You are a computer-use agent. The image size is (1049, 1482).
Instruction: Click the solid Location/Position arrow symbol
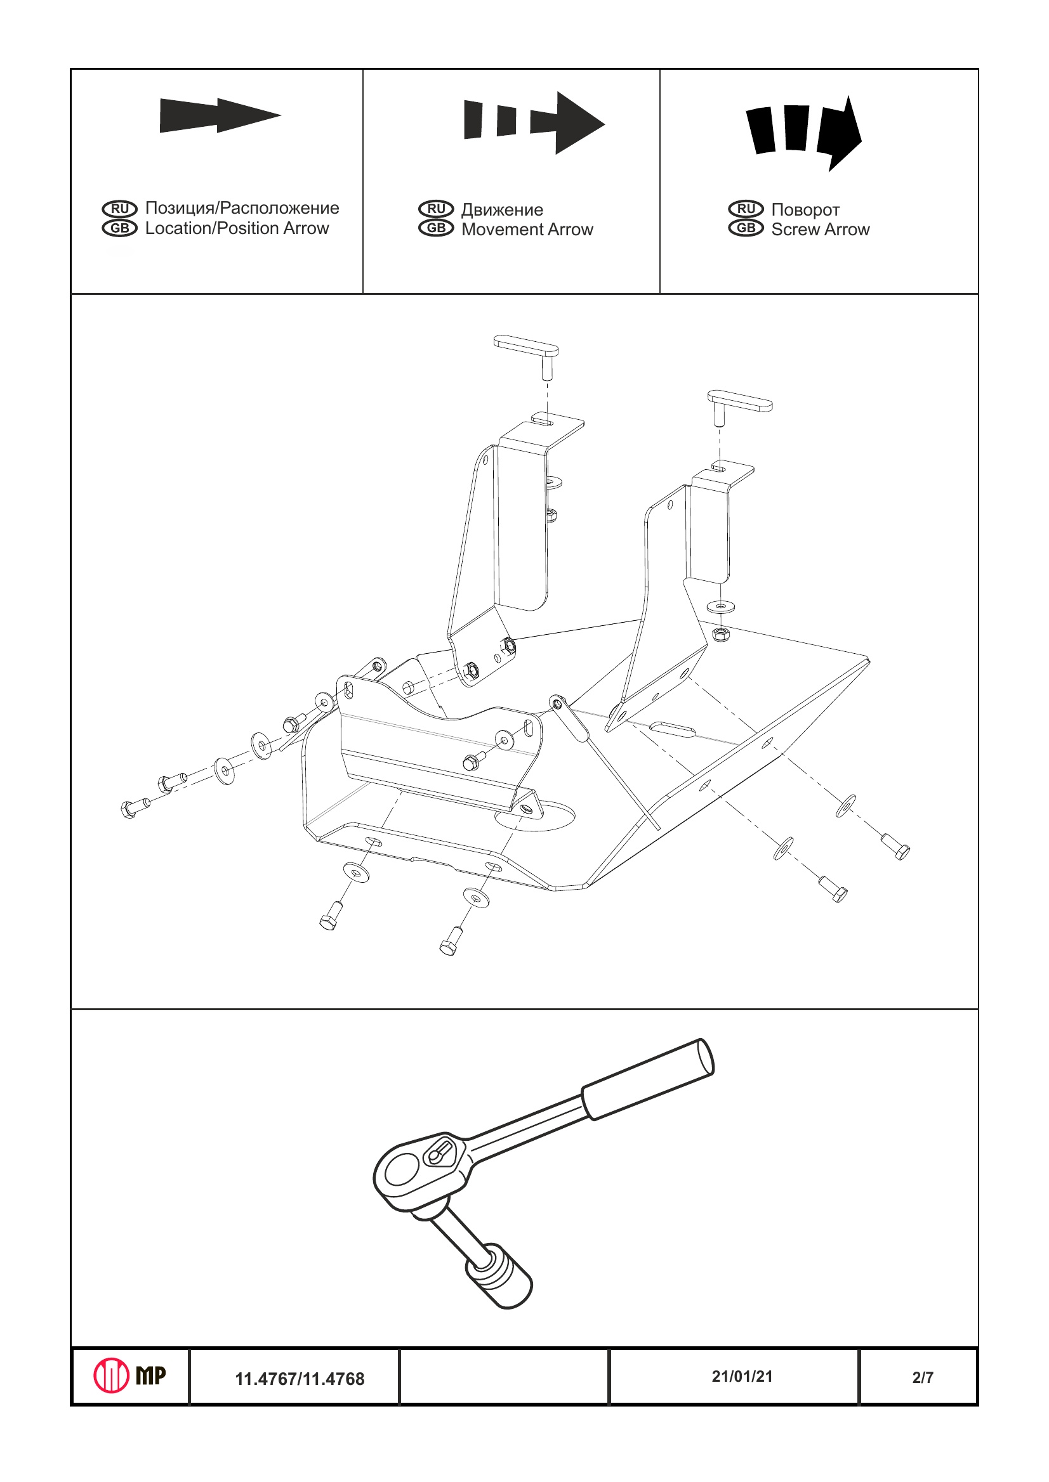(220, 115)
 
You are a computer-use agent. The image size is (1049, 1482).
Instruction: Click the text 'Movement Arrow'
(527, 230)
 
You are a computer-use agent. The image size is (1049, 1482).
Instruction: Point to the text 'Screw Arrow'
(821, 230)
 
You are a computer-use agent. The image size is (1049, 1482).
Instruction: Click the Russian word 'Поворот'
(805, 210)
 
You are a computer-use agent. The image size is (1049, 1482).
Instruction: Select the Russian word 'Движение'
(502, 210)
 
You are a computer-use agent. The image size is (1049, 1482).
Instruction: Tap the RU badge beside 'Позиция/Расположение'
(119, 209)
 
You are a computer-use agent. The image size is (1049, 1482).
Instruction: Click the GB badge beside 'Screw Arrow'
(746, 228)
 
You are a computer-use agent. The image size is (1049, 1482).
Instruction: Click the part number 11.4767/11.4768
(300, 1379)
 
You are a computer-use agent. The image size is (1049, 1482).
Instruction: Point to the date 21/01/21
(742, 1377)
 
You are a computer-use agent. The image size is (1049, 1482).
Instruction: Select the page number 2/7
(923, 1378)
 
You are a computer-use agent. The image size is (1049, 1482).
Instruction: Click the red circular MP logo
(112, 1375)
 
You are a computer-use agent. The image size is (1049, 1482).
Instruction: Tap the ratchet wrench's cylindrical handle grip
(648, 1079)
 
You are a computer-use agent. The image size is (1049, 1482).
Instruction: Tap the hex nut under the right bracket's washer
(721, 634)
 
